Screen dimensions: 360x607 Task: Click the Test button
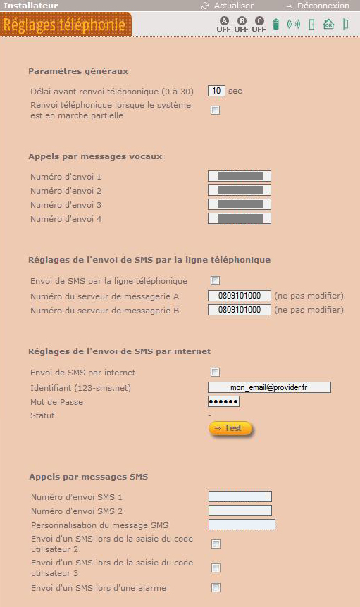pos(230,429)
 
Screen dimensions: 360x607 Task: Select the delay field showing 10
pos(216,91)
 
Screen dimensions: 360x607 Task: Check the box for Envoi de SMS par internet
pos(216,373)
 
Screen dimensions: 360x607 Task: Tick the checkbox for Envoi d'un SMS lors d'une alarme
pos(216,588)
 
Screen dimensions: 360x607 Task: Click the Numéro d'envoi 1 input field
pos(240,176)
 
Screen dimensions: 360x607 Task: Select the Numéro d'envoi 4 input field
pos(240,218)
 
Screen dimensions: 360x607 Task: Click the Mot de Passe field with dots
pos(223,401)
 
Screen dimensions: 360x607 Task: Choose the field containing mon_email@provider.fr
pos(269,387)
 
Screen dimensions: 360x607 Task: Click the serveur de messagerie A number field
pos(240,296)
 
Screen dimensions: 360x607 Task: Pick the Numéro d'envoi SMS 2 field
pos(240,511)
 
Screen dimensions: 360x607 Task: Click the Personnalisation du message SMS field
pos(242,525)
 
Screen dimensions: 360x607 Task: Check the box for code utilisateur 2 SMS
pos(216,544)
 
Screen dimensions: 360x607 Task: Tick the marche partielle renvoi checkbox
pos(216,111)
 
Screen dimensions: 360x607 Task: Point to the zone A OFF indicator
pos(224,25)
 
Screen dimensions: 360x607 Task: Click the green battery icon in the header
pos(276,24)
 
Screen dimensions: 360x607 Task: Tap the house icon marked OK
pos(328,24)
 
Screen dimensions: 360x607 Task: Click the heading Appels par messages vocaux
pos(95,156)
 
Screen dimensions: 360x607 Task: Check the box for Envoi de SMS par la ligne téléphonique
pos(216,281)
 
